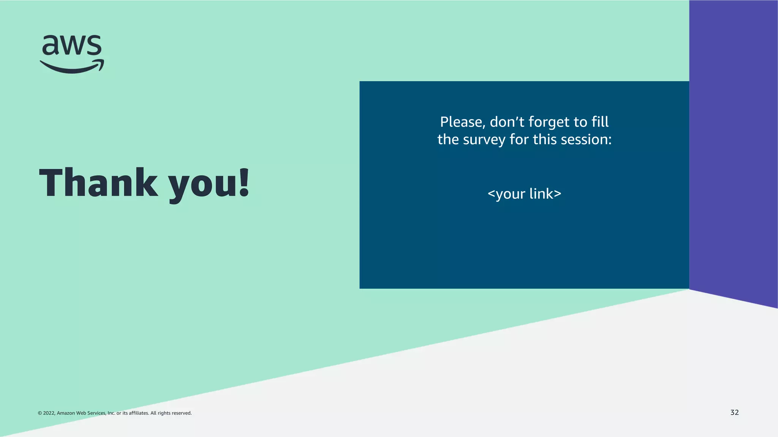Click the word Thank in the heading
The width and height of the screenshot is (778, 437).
click(x=98, y=183)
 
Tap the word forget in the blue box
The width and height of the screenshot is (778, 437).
click(x=549, y=122)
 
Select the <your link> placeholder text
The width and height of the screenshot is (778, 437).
click(x=524, y=194)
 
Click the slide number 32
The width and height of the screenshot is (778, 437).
click(x=734, y=412)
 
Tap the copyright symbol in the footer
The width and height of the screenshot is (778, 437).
click(x=40, y=413)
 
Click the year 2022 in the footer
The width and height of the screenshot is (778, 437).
click(x=49, y=413)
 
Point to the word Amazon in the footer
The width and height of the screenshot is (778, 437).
click(x=66, y=413)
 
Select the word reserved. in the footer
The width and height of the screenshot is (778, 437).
click(x=182, y=413)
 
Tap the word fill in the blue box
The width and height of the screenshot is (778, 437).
click(x=600, y=122)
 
